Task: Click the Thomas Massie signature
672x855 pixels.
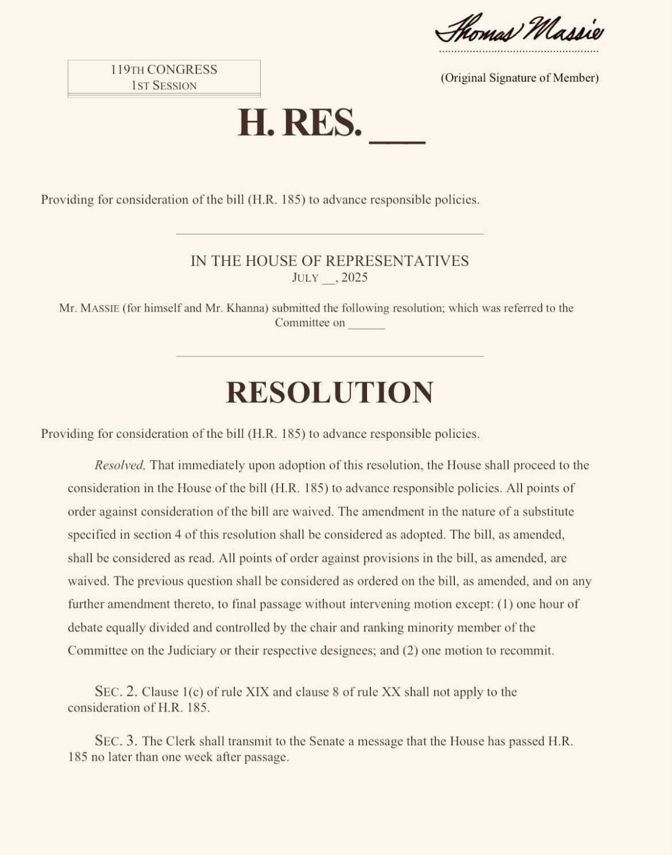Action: click(x=519, y=29)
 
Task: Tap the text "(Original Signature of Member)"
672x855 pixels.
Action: click(x=519, y=78)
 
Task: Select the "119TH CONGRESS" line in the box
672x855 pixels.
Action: click(x=164, y=70)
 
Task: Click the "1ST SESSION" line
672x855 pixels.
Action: click(x=164, y=86)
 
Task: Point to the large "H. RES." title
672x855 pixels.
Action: click(x=300, y=122)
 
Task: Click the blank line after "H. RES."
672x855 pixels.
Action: click(x=397, y=138)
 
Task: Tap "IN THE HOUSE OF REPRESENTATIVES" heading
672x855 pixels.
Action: click(x=330, y=261)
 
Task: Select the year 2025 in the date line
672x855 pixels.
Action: click(x=354, y=278)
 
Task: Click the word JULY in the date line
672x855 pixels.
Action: click(x=305, y=278)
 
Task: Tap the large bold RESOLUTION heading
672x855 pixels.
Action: click(x=330, y=392)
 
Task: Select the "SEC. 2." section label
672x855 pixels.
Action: click(x=116, y=691)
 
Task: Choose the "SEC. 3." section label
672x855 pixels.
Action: click(x=116, y=741)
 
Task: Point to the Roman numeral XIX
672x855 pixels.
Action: click(x=257, y=692)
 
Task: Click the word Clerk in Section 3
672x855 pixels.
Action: click(x=181, y=741)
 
